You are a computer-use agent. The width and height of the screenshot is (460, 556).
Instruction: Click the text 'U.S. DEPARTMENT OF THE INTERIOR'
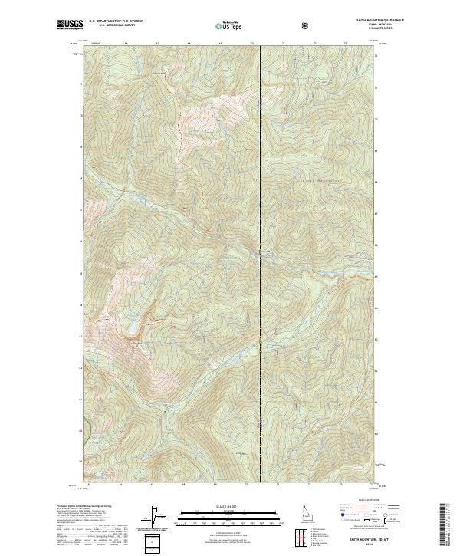click(x=116, y=21)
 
